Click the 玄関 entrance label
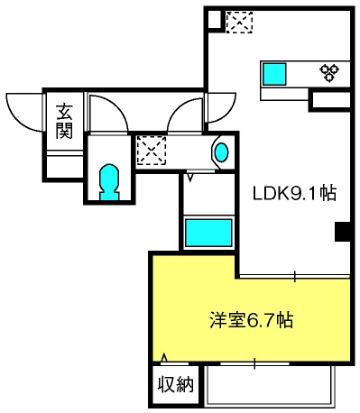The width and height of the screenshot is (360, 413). click(x=64, y=121)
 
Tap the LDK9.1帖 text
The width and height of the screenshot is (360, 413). click(x=294, y=193)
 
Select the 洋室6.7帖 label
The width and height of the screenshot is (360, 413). click(x=251, y=320)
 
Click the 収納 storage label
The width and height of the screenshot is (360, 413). click(x=176, y=384)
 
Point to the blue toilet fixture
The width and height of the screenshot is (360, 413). click(x=109, y=182)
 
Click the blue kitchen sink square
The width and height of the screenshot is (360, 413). click(x=274, y=74)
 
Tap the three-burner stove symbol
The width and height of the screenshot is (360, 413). click(x=329, y=72)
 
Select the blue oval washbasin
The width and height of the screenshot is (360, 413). click(x=222, y=152)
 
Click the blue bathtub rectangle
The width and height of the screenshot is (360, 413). click(x=208, y=233)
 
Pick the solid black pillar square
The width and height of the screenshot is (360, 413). click(x=343, y=232)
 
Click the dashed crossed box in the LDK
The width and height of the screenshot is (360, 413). click(x=239, y=22)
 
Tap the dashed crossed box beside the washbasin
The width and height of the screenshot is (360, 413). click(x=152, y=151)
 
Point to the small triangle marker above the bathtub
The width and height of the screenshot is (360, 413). click(x=190, y=177)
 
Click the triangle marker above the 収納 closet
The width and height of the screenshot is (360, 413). click(x=164, y=358)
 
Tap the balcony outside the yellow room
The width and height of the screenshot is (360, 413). click(x=270, y=385)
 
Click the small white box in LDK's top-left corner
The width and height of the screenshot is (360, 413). click(x=215, y=19)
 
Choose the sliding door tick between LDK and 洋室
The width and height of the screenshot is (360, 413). click(x=295, y=276)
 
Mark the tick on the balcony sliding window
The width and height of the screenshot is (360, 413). click(x=254, y=363)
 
